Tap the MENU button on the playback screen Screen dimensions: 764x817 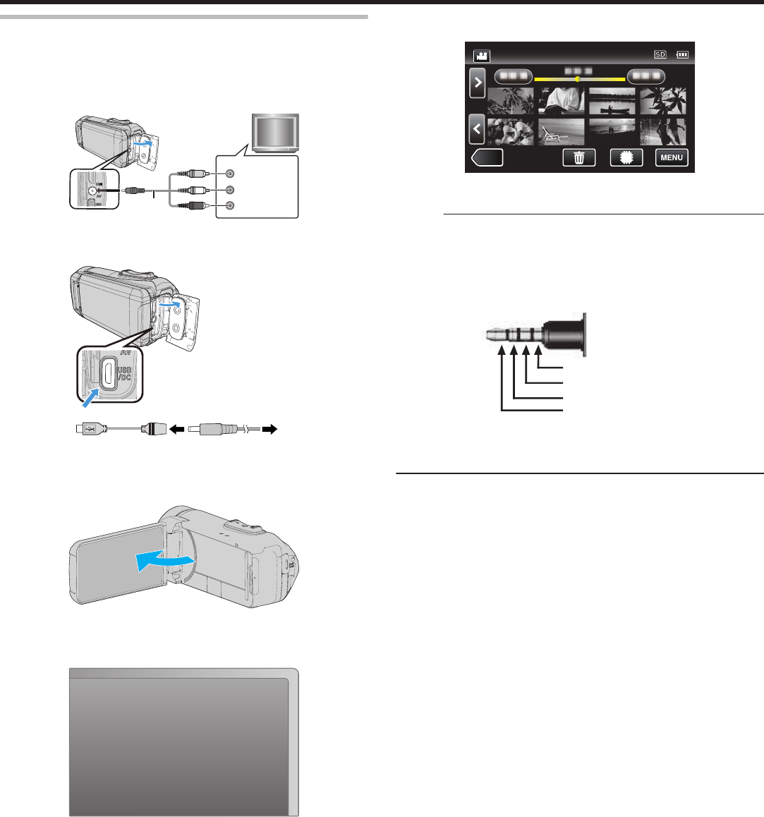pyautogui.click(x=671, y=157)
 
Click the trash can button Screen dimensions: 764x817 pyautogui.click(x=578, y=157)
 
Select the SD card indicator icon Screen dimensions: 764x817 pyautogui.click(x=660, y=54)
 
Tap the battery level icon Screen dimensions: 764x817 pyautogui.click(x=682, y=54)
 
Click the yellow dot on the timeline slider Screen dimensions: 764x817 pyautogui.click(x=578, y=79)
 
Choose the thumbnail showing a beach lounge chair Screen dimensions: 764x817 pyautogui.click(x=562, y=132)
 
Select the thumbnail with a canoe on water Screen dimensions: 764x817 pyautogui.click(x=612, y=101)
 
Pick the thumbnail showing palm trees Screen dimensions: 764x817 pyautogui.click(x=511, y=101)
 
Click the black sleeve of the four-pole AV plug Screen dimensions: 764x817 pyautogui.click(x=564, y=332)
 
